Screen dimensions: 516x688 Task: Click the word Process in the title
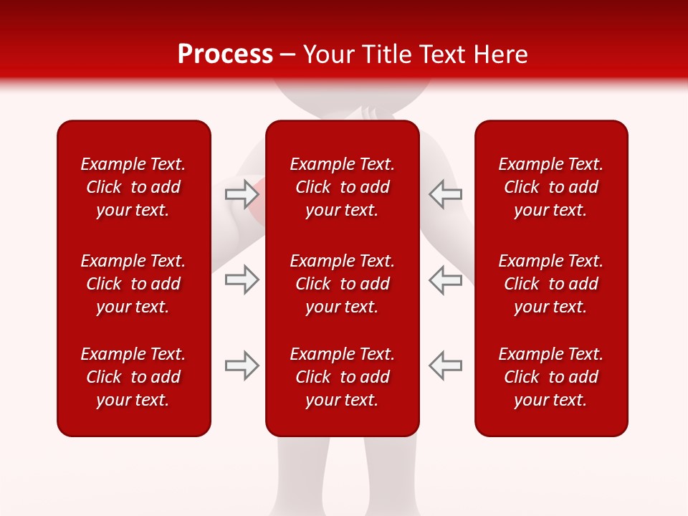coord(225,54)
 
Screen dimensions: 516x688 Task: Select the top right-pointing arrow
coord(242,193)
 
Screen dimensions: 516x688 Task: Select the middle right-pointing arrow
coord(242,279)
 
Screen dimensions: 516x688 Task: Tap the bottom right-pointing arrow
coord(242,365)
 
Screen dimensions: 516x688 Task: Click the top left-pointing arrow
coord(445,193)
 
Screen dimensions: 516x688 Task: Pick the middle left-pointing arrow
coord(445,279)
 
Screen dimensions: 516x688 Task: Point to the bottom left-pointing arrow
coord(445,365)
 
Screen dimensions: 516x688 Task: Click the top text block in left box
coord(133,187)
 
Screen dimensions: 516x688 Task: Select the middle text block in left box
coord(133,284)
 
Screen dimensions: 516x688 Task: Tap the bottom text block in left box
coord(133,377)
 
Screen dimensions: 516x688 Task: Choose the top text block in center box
coord(342,187)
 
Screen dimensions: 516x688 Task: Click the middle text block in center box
coord(342,284)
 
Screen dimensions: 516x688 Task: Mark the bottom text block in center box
coord(342,377)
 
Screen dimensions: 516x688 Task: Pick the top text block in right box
coord(550,187)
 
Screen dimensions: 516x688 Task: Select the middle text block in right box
coord(550,284)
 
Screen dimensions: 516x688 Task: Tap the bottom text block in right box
coord(550,377)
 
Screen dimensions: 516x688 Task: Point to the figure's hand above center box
coord(371,113)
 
